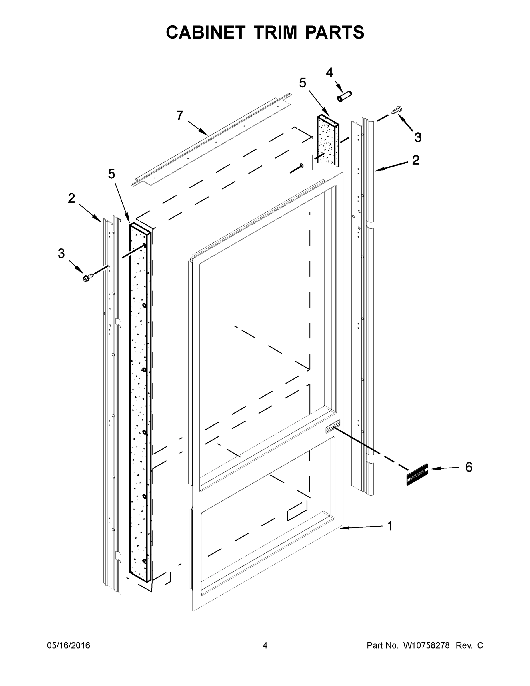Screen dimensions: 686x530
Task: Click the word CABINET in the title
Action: tap(205, 32)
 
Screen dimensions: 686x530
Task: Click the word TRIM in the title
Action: tap(275, 32)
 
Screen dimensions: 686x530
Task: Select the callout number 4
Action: tap(329, 73)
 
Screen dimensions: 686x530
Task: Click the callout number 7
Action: tap(180, 115)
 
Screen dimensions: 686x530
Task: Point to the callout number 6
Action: tap(469, 467)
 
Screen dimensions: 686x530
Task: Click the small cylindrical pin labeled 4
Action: tap(345, 96)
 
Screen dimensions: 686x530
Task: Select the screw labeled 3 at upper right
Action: tap(397, 110)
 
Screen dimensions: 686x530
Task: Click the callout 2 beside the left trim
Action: tap(72, 198)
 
